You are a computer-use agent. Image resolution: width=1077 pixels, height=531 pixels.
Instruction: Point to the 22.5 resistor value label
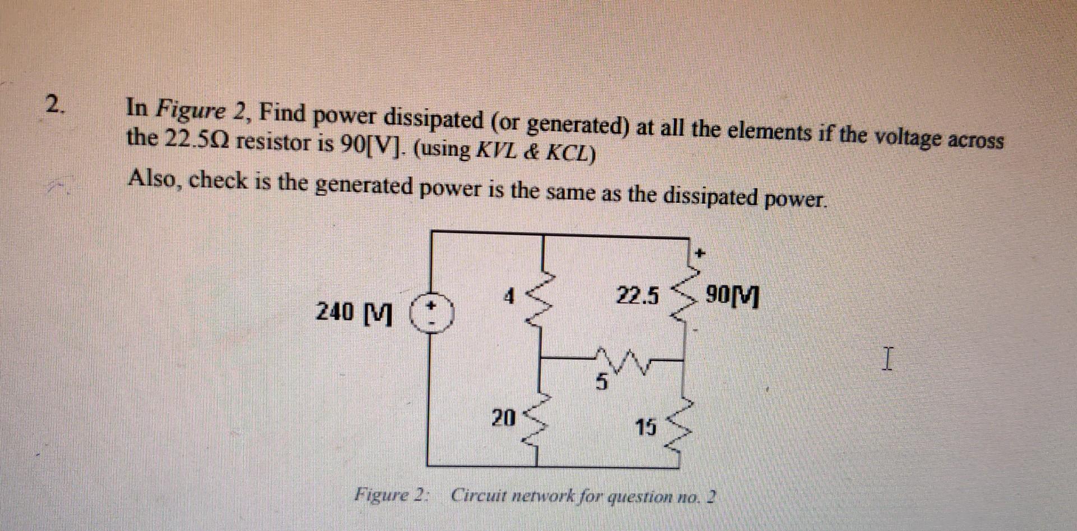coord(638,295)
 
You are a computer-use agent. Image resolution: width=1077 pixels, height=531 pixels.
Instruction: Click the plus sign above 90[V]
coord(698,254)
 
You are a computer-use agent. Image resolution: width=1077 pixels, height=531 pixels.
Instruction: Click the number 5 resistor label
coord(601,384)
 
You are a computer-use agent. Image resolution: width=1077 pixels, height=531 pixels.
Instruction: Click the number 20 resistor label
coord(503,417)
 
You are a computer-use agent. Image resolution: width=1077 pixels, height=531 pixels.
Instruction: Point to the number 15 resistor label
coord(645,428)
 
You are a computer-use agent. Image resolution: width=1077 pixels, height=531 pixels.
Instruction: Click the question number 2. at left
coord(55,104)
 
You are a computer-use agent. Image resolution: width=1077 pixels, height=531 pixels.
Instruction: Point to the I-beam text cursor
coord(886,359)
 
